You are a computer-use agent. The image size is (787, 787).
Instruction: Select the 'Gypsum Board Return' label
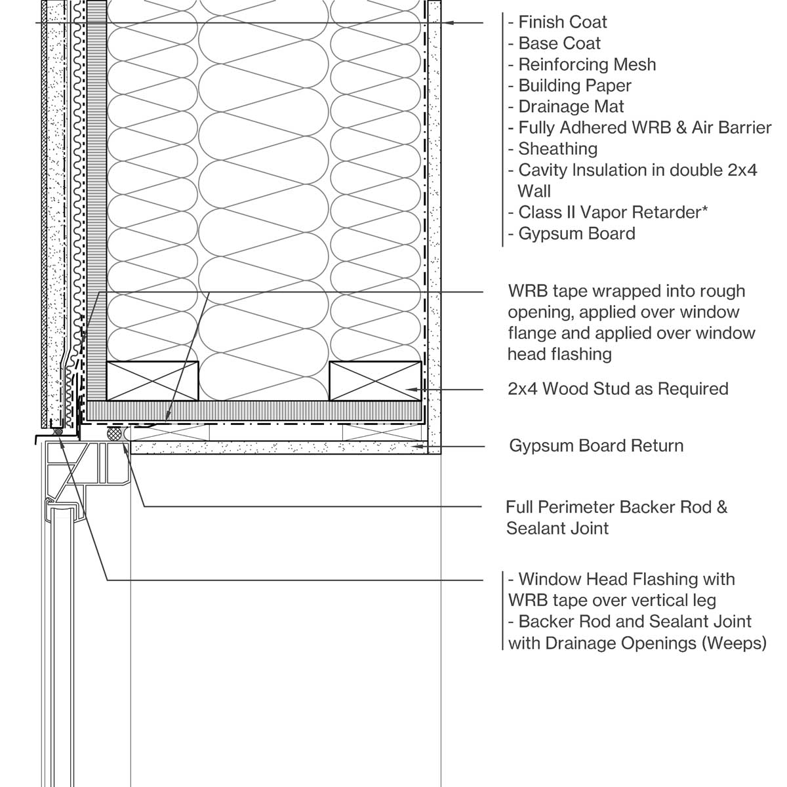click(596, 446)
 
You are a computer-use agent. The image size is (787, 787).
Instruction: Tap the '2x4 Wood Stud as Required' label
click(618, 389)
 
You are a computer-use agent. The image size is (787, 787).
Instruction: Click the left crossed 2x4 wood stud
click(152, 381)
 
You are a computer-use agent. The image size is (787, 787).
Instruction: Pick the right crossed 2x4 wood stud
click(375, 381)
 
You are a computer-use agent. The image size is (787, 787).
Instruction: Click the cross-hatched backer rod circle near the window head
click(115, 433)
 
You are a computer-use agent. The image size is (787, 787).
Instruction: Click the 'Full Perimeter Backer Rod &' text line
click(616, 507)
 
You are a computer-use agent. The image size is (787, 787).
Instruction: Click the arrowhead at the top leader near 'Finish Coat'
click(447, 23)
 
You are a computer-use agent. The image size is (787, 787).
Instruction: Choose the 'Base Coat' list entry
click(559, 43)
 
